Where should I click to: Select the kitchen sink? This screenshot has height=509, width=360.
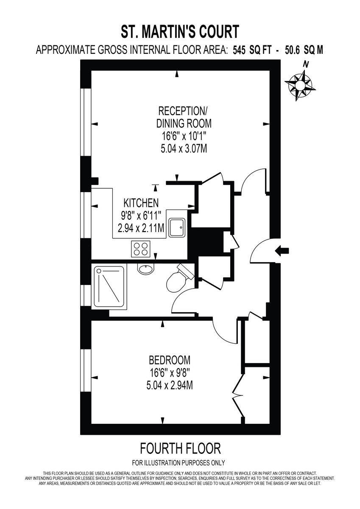point(176,227)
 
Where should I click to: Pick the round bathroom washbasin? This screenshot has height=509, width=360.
point(145,269)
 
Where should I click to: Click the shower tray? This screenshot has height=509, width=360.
point(110,287)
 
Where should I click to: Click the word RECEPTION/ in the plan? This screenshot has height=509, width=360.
point(183,112)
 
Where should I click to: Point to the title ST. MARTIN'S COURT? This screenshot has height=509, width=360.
point(180,32)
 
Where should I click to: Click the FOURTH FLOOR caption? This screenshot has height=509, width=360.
point(180,448)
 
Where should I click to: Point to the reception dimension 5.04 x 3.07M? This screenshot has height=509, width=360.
point(183,149)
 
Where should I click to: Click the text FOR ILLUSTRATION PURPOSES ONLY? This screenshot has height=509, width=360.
point(179,463)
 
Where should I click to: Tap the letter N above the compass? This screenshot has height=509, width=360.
point(305,64)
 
